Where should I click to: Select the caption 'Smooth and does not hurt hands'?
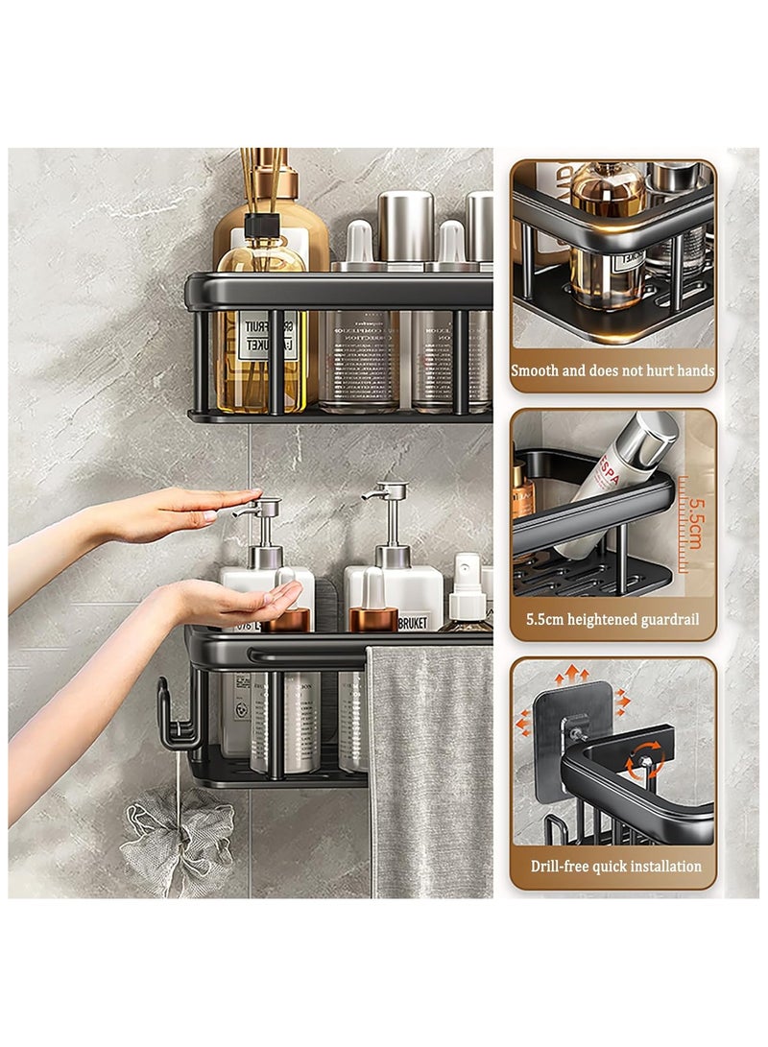click(612, 370)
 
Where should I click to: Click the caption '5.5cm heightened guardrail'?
click(612, 619)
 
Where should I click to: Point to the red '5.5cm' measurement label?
click(693, 522)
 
